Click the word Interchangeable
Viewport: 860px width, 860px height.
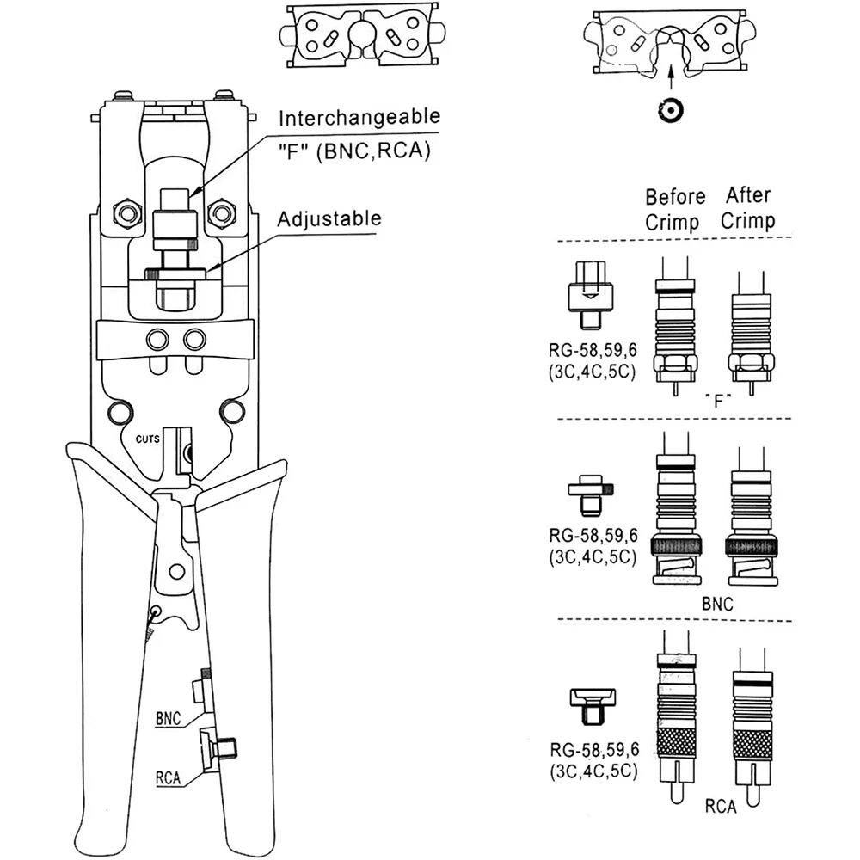click(359, 118)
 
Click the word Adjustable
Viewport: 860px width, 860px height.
click(329, 218)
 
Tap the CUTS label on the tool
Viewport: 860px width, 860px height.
click(148, 439)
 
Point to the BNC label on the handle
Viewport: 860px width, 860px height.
click(168, 718)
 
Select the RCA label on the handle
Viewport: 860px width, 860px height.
click(168, 777)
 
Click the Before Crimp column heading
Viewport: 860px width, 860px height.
click(674, 209)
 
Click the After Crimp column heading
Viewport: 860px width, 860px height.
click(748, 208)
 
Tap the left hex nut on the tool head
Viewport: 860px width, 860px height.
click(127, 212)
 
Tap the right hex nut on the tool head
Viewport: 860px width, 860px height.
click(222, 212)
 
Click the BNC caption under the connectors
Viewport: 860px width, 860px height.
click(717, 604)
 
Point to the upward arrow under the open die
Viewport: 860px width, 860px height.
click(671, 77)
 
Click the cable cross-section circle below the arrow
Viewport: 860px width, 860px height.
click(670, 111)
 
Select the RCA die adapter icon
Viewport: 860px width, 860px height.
click(593, 706)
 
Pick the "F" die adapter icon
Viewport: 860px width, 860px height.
click(590, 295)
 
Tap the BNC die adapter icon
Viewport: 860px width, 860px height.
click(591, 495)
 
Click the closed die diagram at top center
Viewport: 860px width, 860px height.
click(362, 35)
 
